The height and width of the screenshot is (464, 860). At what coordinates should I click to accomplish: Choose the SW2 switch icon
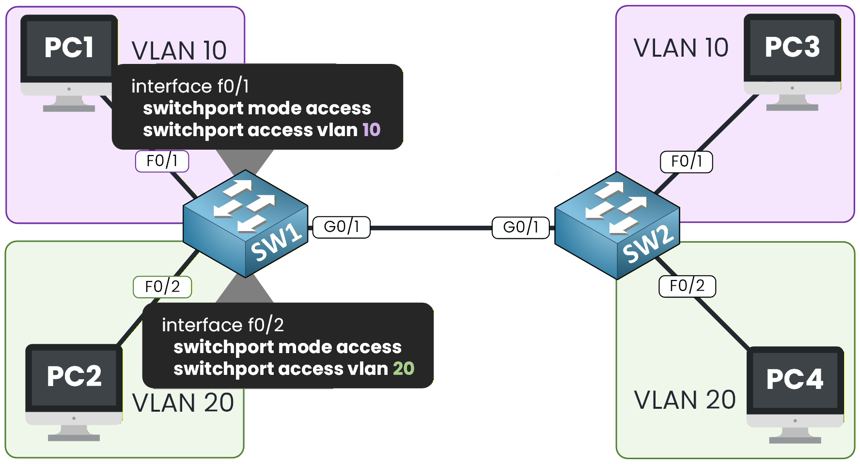point(617,226)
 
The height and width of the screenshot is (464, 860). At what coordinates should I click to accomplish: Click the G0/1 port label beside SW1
point(342,227)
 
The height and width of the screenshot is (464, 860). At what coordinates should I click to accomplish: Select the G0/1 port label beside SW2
point(521,228)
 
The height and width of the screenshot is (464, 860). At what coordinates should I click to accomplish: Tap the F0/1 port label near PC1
point(162,161)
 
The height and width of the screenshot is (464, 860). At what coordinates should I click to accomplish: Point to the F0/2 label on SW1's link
point(162,287)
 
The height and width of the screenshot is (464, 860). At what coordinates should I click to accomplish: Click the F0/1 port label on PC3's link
point(687,161)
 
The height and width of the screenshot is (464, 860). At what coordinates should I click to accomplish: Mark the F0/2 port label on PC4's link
point(687,286)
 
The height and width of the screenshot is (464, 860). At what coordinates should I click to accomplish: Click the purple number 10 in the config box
point(372,130)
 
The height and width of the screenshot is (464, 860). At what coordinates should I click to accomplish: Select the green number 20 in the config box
point(404,369)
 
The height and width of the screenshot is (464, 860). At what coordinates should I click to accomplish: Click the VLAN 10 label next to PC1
point(179,51)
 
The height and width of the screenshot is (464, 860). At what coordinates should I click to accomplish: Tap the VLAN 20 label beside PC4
point(685,400)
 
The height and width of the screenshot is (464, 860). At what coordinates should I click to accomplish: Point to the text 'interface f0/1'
point(190,86)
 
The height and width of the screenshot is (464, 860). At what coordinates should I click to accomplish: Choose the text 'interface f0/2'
point(222,325)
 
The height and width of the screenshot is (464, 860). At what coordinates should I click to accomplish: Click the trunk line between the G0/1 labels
point(431,228)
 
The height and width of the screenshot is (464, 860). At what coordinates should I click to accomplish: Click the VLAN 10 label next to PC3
point(681,48)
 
